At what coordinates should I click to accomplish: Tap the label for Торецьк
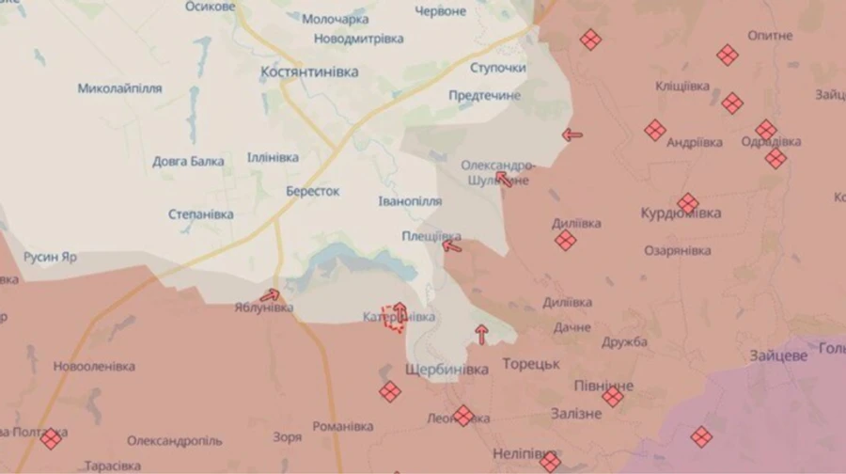pos(531,363)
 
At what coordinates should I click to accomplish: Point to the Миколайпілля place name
pos(119,88)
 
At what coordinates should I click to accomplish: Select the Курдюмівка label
pos(681,213)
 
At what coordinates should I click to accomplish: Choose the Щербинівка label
pos(446,371)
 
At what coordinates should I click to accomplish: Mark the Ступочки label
pos(498,69)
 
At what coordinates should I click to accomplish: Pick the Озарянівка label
pos(678,250)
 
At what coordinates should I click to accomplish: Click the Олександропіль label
pos(175,440)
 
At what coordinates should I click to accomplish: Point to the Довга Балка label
pos(188,161)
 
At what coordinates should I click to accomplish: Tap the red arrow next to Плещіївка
pos(452,247)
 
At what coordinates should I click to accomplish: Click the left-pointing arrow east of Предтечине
pos(572,134)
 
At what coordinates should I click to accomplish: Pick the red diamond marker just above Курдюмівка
pos(688,203)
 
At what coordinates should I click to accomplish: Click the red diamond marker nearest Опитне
pos(728,55)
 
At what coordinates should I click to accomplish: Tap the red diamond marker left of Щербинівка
pos(389,391)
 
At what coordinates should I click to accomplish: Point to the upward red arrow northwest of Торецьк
pos(481,333)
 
